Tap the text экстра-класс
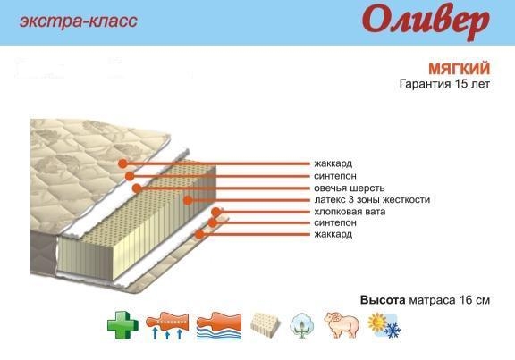pyautogui.click(x=79, y=21)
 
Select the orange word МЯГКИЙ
pyautogui.click(x=460, y=69)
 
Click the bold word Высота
pyautogui.click(x=383, y=300)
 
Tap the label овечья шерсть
pyautogui.click(x=349, y=188)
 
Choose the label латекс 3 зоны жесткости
pyautogui.click(x=372, y=200)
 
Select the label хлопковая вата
pyautogui.click(x=350, y=212)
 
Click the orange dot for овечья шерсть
pyautogui.click(x=137, y=188)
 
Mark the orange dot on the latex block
pyautogui.click(x=188, y=200)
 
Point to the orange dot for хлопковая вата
pyautogui.click(x=215, y=212)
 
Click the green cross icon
pyautogui.click(x=122, y=325)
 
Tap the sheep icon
pyautogui.click(x=342, y=325)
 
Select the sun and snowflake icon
pyautogui.click(x=384, y=325)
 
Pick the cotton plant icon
pyautogui.click(x=302, y=325)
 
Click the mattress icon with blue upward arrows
pyautogui.click(x=167, y=325)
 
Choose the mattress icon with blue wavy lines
pyautogui.click(x=219, y=325)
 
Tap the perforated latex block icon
pyautogui.click(x=266, y=323)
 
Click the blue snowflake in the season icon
pyautogui.click(x=393, y=331)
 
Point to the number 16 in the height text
pyautogui.click(x=466, y=300)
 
